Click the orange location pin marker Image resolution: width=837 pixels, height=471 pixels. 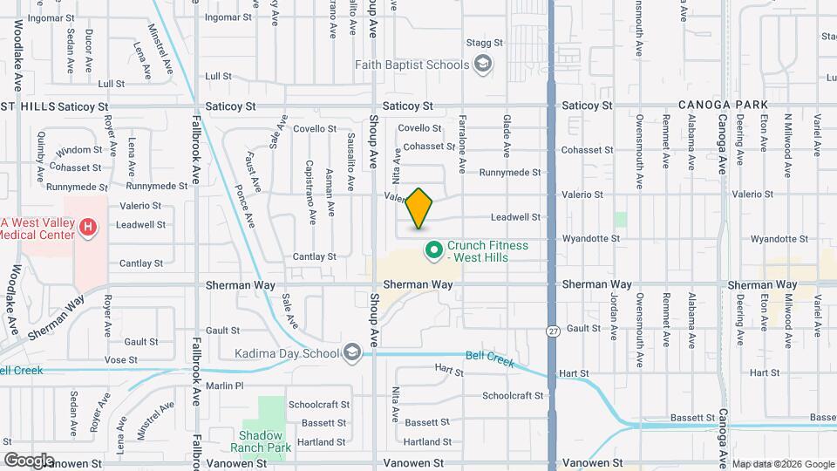(419, 208)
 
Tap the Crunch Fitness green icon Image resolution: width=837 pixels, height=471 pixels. (433, 251)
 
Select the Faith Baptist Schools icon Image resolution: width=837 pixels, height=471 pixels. (482, 64)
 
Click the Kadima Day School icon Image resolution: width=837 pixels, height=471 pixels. (352, 352)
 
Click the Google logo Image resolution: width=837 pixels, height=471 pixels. (29, 460)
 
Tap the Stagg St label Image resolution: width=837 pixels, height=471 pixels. (486, 42)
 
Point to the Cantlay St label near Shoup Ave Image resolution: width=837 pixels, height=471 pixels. (315, 256)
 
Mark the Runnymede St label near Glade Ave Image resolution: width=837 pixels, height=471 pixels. (510, 173)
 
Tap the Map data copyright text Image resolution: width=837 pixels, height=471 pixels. (783, 464)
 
